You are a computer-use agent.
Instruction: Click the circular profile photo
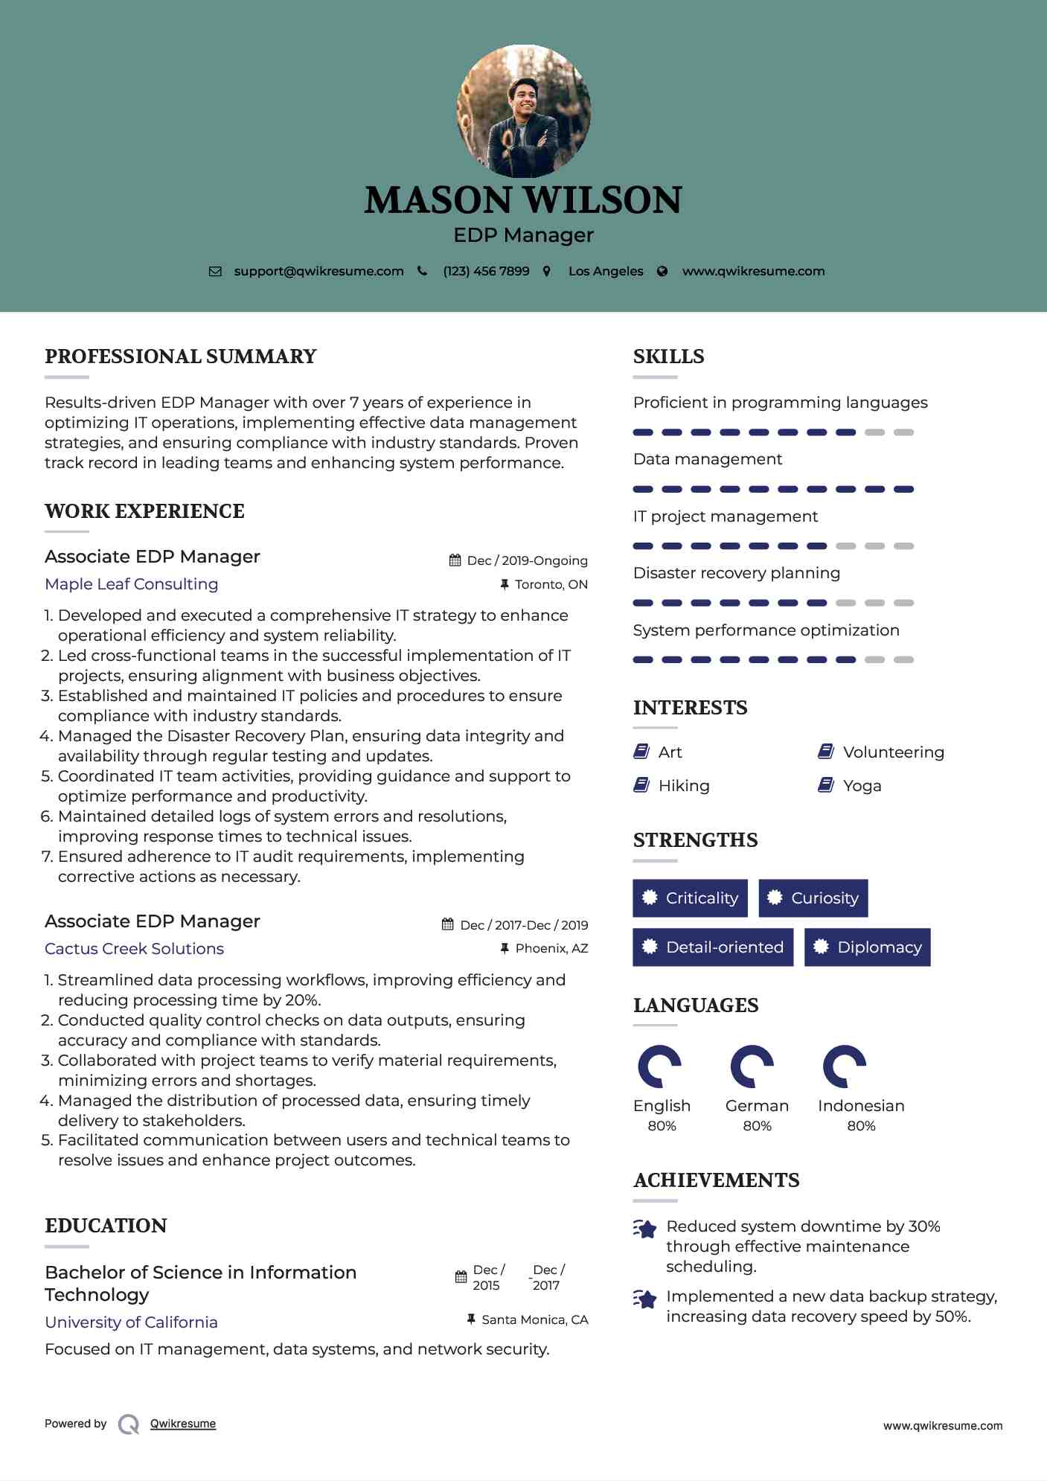(x=523, y=112)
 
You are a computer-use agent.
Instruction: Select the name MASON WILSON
(x=523, y=200)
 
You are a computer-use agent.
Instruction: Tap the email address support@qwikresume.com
(x=318, y=272)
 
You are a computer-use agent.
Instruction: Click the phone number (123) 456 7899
(x=486, y=272)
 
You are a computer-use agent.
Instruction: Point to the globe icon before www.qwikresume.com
(x=662, y=272)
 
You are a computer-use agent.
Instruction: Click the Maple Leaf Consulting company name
(x=132, y=584)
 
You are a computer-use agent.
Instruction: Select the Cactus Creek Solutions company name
(x=134, y=949)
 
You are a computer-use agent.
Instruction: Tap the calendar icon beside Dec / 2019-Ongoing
(x=455, y=560)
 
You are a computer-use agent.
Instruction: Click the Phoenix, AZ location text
(x=551, y=949)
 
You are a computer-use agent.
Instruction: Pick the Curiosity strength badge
(x=813, y=898)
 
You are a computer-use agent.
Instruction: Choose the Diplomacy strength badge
(x=867, y=947)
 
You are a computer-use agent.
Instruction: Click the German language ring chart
(x=752, y=1066)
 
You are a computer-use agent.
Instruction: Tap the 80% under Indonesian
(x=861, y=1126)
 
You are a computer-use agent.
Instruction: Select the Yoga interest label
(x=862, y=786)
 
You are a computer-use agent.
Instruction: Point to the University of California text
(x=131, y=1322)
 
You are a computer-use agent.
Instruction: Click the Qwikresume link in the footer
(x=183, y=1424)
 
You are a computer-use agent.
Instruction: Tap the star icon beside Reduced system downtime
(x=644, y=1229)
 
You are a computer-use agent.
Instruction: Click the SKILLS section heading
(x=668, y=356)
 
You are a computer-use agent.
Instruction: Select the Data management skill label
(x=707, y=459)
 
